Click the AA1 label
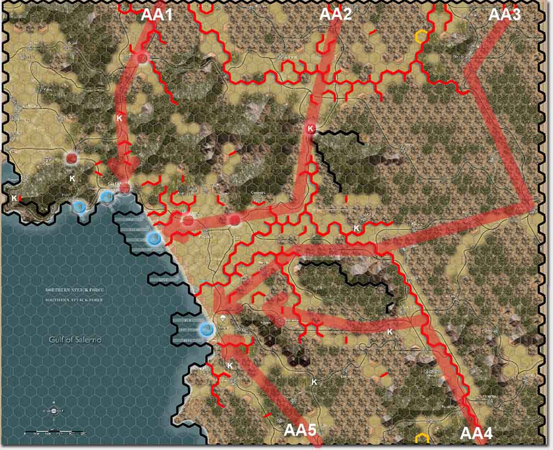pos(157,14)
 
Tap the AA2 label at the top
pos(335,14)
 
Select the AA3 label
pos(504,14)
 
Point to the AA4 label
pos(476,433)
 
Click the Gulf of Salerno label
pos(74,339)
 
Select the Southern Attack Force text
pos(75,300)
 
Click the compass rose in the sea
pos(53,412)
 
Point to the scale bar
pos(55,433)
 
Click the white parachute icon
pos(223,318)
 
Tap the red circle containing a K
pos(310,129)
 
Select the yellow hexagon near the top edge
pos(420,37)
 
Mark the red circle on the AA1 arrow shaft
pos(143,57)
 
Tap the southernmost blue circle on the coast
pos(206,329)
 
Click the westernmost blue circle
pos(79,206)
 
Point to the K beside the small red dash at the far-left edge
pos(14,198)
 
